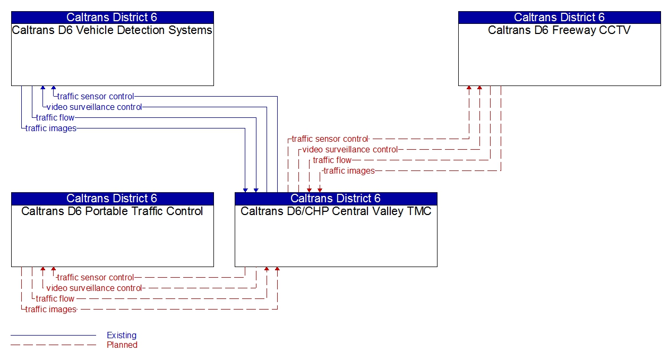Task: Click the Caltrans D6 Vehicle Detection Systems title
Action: click(x=112, y=30)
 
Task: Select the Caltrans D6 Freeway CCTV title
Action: click(x=559, y=30)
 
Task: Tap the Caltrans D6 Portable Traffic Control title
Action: click(x=112, y=211)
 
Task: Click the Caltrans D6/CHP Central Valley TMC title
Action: click(x=336, y=211)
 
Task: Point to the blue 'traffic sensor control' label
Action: click(x=96, y=97)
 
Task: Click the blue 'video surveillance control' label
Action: click(x=94, y=107)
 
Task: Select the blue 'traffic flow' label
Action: click(x=55, y=118)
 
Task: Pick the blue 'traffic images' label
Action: click(x=51, y=128)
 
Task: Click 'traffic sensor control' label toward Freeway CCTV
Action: click(x=330, y=139)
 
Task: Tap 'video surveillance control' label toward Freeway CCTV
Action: click(x=350, y=150)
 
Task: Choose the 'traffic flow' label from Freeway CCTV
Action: click(x=332, y=160)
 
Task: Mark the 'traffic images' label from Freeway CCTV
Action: click(x=349, y=171)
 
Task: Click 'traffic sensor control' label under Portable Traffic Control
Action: click(x=96, y=278)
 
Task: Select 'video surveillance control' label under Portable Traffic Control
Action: click(x=94, y=288)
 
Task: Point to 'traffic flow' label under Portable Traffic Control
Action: click(x=55, y=299)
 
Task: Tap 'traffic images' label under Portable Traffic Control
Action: click(x=51, y=310)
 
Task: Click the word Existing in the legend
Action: click(x=122, y=336)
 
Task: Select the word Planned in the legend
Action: click(x=122, y=345)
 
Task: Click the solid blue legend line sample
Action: click(x=53, y=336)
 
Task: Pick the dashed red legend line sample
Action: click(x=53, y=345)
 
